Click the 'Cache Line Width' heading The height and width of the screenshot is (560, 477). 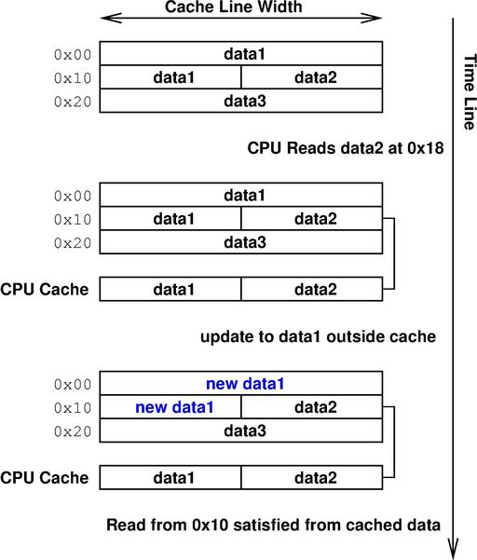coord(234,7)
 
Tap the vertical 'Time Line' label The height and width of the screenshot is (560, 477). coord(470,92)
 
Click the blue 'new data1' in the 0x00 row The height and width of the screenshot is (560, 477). coord(245,384)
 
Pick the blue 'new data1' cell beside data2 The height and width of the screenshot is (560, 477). coord(170,407)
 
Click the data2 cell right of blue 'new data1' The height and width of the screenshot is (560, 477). coord(312,407)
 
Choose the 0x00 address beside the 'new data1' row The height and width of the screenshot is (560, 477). coord(73,385)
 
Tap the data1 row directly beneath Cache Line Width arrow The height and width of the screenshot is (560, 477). coord(241,53)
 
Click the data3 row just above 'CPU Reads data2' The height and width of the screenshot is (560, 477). coord(241,101)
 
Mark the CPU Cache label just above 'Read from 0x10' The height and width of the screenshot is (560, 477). coord(45,478)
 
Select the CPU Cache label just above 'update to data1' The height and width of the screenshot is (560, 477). coord(45,289)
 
